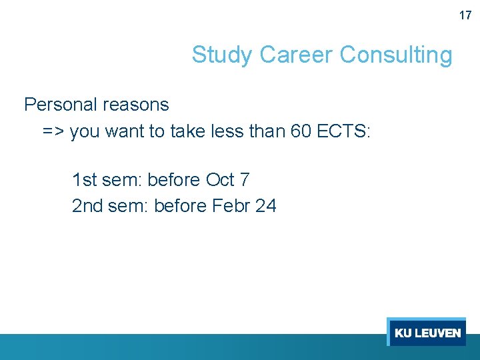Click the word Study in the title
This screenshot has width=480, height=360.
tap(223, 55)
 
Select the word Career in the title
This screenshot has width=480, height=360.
tap(297, 55)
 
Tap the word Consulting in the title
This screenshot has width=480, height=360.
tap(396, 55)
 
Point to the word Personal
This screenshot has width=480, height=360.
tap(61, 105)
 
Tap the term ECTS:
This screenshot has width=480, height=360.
tap(343, 131)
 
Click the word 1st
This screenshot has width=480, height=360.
tap(84, 180)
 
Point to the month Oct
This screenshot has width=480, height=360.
tap(220, 180)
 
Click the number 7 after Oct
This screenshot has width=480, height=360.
tap(245, 180)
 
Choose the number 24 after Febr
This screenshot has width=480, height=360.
tap(265, 206)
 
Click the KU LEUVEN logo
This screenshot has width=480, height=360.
tap(427, 332)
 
